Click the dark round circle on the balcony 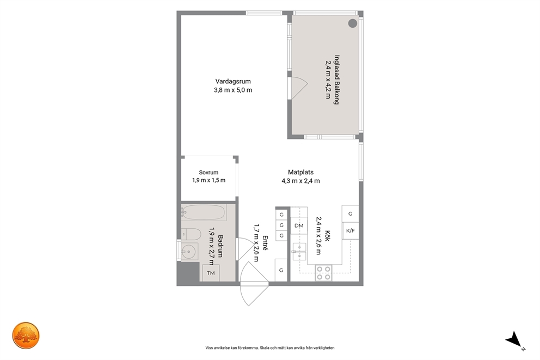click(353, 23)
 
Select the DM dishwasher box click(299, 225)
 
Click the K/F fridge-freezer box click(350, 231)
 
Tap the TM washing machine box click(211, 273)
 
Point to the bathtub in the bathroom click(204, 212)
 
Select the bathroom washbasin click(189, 252)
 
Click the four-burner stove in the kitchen click(324, 273)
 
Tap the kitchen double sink click(299, 251)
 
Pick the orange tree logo click(26, 335)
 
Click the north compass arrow click(514, 339)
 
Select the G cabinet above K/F click(350, 214)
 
